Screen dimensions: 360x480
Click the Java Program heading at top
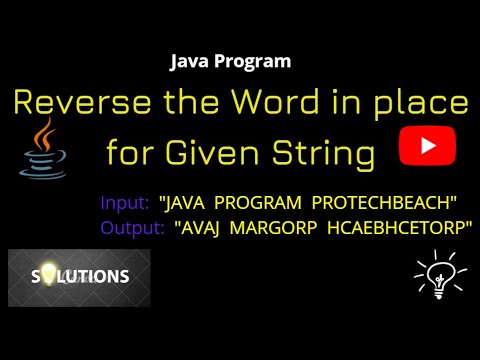point(231,61)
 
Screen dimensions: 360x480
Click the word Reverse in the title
point(81,104)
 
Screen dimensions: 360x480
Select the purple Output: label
point(132,228)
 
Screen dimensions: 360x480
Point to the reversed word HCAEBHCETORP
point(400,228)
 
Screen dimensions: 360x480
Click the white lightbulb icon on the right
point(440,272)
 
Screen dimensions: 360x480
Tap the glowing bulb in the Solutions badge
point(47,276)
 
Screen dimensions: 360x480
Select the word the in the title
point(187,104)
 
